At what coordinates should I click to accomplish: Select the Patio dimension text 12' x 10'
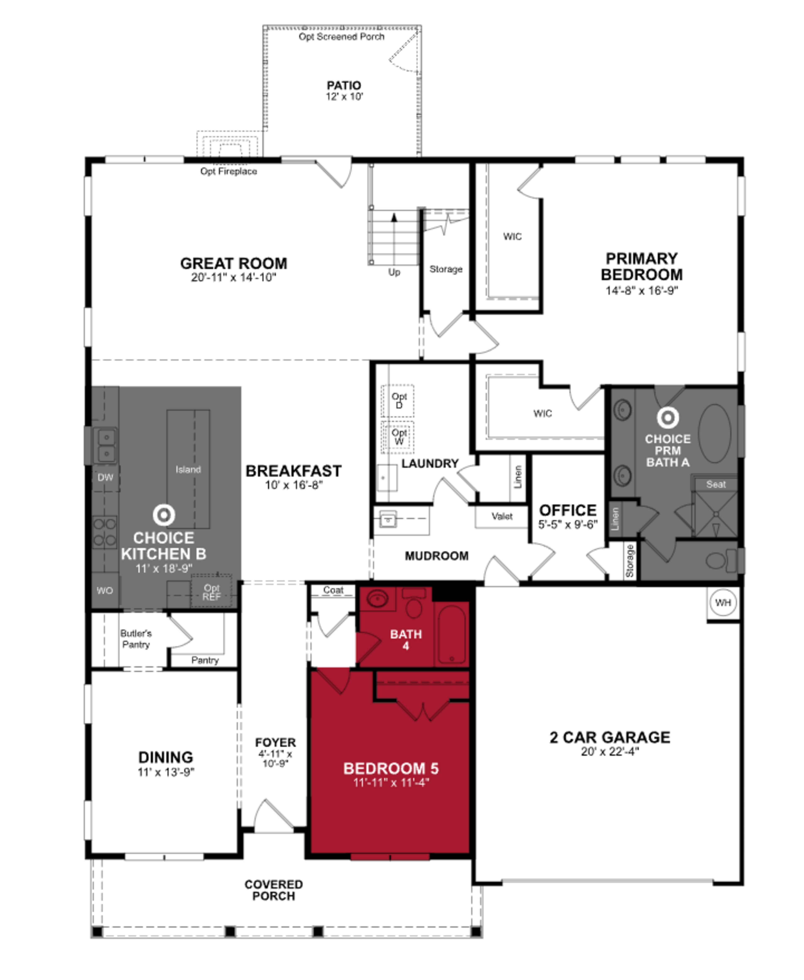[344, 97]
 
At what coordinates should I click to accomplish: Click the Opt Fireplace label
[228, 171]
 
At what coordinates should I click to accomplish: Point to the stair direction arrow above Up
[394, 217]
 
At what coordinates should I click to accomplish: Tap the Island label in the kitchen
[188, 469]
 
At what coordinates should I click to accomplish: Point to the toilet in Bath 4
[414, 603]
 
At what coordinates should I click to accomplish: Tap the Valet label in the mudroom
[502, 516]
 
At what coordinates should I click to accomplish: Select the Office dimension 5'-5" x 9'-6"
[568, 525]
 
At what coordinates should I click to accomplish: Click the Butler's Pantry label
[136, 639]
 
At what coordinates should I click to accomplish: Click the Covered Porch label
[274, 890]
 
